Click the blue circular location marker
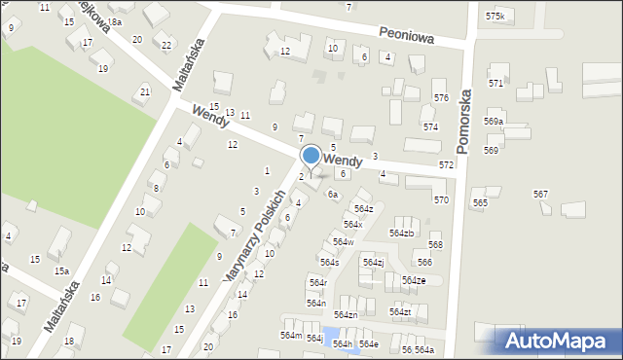click(x=311, y=156)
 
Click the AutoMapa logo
click(x=561, y=341)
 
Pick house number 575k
click(x=496, y=17)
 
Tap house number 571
click(x=496, y=84)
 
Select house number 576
click(x=441, y=98)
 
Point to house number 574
click(x=430, y=127)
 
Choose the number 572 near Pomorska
click(x=446, y=165)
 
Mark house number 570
click(x=441, y=199)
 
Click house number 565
click(x=480, y=202)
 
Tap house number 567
click(x=540, y=195)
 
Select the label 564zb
click(x=402, y=234)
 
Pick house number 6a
click(x=332, y=195)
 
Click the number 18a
click(x=115, y=21)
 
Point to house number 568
click(x=435, y=245)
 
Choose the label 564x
click(x=352, y=225)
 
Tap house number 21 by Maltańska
click(x=145, y=91)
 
